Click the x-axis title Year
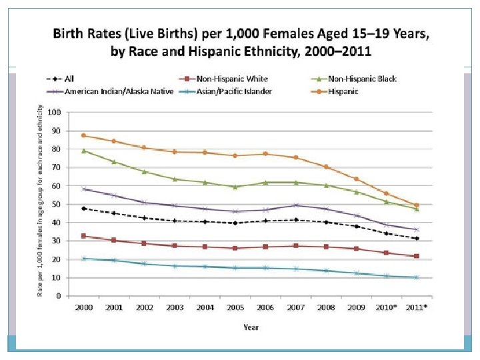[x=251, y=327]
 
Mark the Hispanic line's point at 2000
[x=83, y=135]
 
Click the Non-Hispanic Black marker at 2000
[x=83, y=151]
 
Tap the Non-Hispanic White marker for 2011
[x=416, y=256]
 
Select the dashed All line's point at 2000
[x=83, y=209]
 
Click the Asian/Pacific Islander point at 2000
[x=83, y=258]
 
